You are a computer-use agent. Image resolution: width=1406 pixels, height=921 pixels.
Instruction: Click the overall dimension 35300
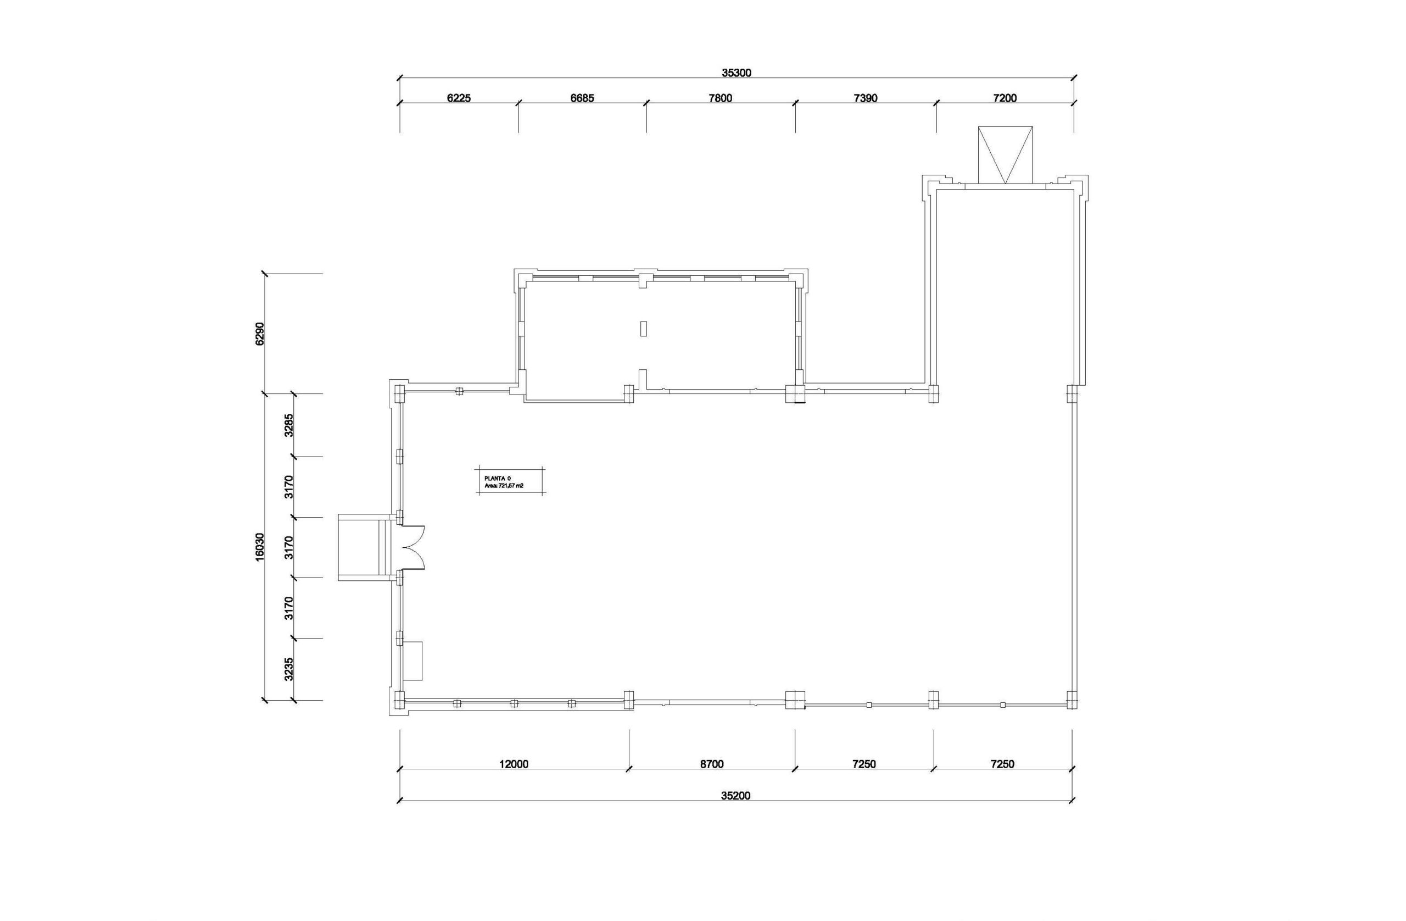(x=736, y=73)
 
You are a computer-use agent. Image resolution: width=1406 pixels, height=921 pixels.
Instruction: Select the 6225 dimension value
(x=459, y=98)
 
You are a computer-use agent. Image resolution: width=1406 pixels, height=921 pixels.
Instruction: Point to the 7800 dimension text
(x=720, y=98)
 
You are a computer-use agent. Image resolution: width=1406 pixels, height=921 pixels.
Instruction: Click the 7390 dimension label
(x=866, y=98)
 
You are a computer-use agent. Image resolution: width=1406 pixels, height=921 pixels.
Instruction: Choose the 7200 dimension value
(x=1005, y=98)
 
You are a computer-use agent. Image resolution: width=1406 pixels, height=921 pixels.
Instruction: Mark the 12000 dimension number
(x=514, y=764)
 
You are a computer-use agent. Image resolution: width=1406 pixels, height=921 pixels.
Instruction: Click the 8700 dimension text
(x=712, y=764)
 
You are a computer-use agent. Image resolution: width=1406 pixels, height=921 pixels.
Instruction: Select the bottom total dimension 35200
(x=735, y=796)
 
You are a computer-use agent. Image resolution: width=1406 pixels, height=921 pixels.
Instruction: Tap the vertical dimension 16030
(x=260, y=547)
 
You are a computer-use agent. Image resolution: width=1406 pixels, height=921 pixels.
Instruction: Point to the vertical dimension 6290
(x=260, y=334)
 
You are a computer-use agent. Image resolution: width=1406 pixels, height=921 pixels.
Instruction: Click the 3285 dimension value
(x=289, y=424)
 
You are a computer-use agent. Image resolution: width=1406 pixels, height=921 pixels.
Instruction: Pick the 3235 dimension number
(x=289, y=669)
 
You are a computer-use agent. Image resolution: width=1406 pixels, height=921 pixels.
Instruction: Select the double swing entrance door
(x=413, y=547)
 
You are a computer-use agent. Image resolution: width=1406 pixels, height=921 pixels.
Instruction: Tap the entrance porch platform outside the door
(x=361, y=547)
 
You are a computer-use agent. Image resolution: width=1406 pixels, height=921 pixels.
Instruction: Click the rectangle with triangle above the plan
(x=1006, y=155)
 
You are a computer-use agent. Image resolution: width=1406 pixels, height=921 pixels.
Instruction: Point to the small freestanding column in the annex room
(x=643, y=328)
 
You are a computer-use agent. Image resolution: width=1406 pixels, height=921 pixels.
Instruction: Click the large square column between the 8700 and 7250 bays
(x=795, y=700)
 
